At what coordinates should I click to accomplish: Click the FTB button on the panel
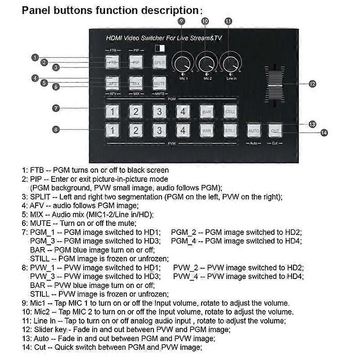(112, 62)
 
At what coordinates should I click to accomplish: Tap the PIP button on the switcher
(136, 62)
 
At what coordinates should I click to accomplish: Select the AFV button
(112, 83)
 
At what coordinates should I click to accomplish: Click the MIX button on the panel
(136, 83)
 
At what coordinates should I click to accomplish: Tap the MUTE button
(159, 83)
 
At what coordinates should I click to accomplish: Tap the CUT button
(275, 130)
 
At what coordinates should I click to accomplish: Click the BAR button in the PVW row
(207, 130)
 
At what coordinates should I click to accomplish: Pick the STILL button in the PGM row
(230, 111)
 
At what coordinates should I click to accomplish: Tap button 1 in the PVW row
(112, 130)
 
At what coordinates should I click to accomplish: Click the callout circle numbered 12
(312, 84)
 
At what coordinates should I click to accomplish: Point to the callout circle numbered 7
(56, 108)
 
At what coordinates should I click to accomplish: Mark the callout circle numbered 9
(181, 21)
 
